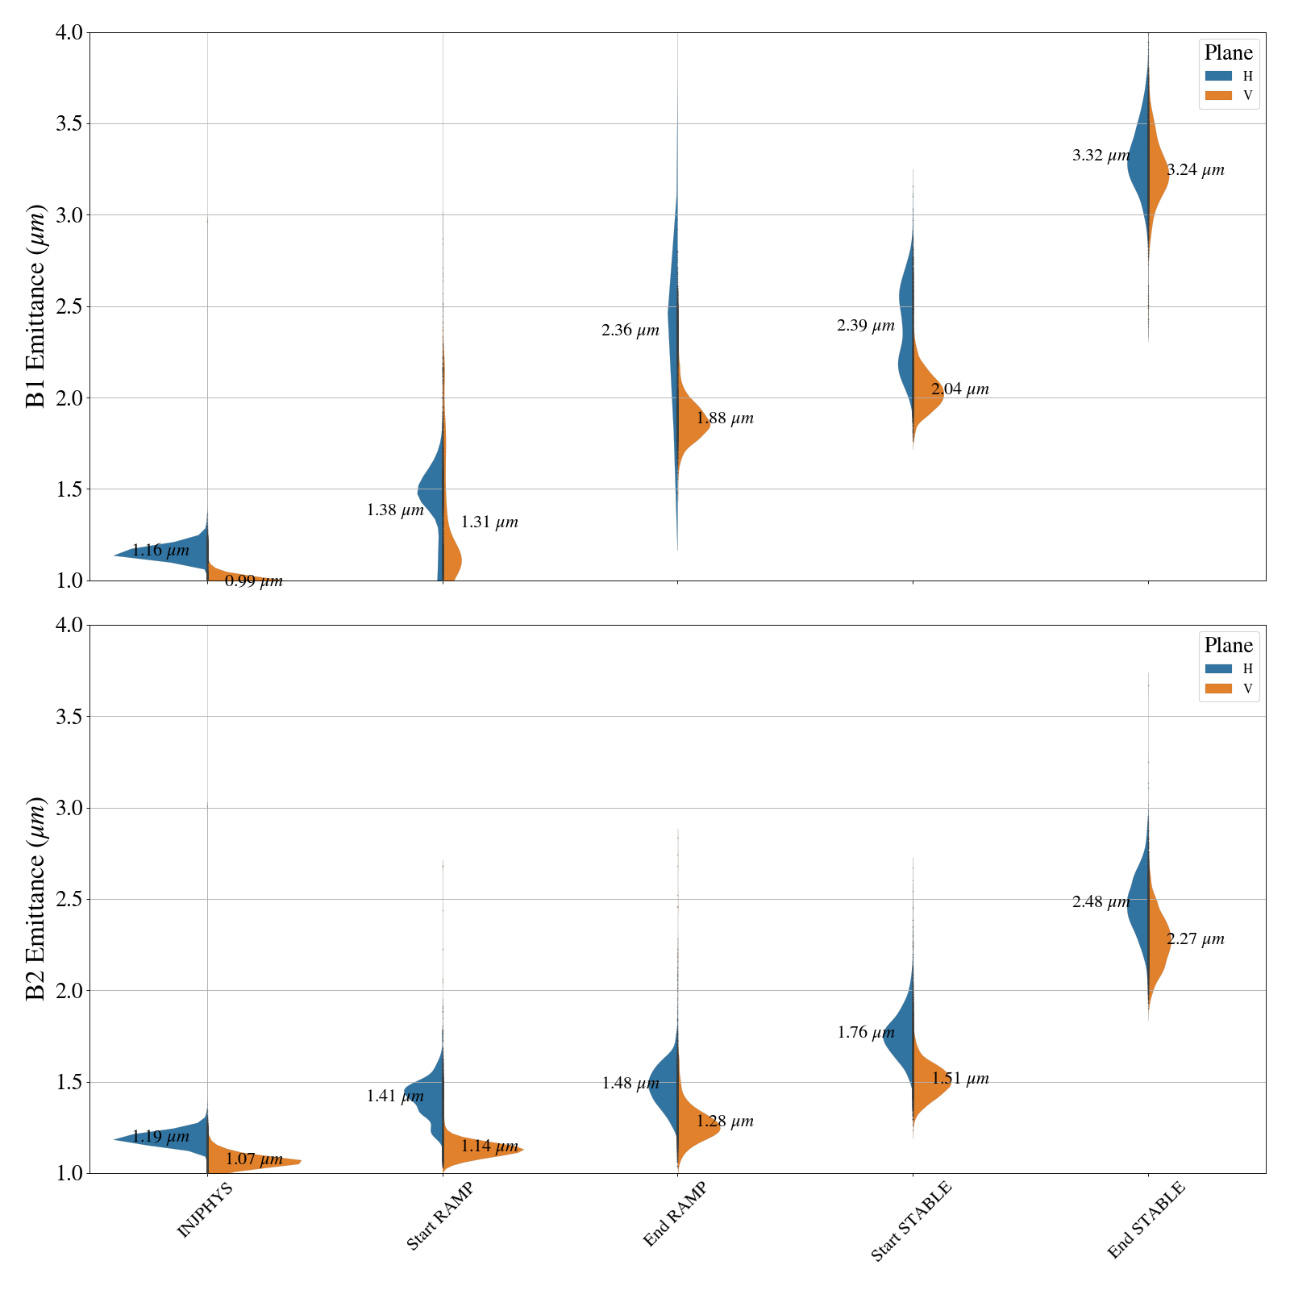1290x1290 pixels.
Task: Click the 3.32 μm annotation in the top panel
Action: (x=1101, y=156)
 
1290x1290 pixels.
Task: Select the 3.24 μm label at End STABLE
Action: (x=1195, y=170)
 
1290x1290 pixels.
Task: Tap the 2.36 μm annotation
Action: (x=630, y=331)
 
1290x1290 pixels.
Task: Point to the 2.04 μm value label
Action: (x=959, y=389)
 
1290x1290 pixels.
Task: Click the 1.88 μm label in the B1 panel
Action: (x=724, y=418)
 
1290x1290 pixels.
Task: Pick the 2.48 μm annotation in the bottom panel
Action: (x=1101, y=902)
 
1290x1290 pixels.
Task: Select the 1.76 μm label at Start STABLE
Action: (x=865, y=1033)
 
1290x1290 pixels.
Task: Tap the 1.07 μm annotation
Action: (x=253, y=1159)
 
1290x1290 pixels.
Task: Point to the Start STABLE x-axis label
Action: (x=911, y=1221)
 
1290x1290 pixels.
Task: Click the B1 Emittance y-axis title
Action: (x=36, y=306)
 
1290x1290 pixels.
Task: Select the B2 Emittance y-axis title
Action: (x=36, y=899)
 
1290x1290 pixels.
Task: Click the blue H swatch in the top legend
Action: (x=1218, y=76)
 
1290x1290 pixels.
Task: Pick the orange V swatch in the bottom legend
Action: (x=1218, y=688)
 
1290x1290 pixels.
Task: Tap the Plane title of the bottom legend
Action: (x=1228, y=645)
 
